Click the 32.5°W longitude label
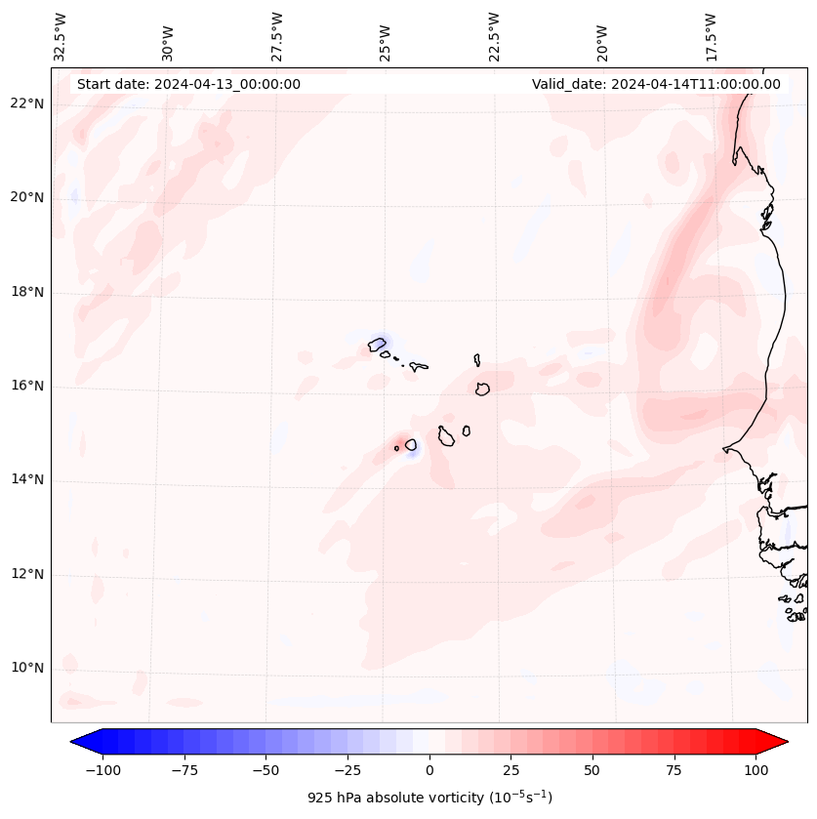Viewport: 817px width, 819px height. point(61,36)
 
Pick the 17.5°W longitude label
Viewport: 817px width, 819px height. point(711,36)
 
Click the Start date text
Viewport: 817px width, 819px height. point(188,84)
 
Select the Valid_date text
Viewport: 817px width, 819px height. point(656,84)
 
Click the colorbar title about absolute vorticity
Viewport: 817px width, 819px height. point(429,798)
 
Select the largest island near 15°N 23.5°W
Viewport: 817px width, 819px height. point(446,436)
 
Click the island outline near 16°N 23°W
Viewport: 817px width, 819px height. point(482,389)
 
